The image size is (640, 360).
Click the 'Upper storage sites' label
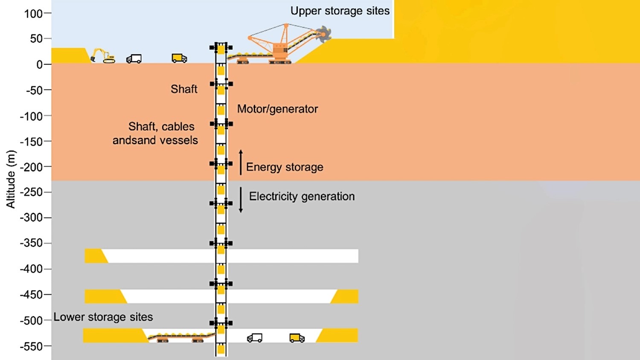pos(340,11)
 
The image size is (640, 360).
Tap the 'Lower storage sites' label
pos(103,317)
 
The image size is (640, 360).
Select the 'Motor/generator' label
pos(277,109)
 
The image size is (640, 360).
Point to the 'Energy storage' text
pos(285,167)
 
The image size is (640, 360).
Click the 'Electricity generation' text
pos(302,197)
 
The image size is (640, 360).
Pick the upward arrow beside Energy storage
pos(241,162)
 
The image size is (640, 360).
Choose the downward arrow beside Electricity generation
pos(241,200)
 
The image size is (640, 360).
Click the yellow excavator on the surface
pos(103,56)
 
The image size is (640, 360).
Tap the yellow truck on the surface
pos(179,58)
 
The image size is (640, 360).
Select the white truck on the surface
pos(134,59)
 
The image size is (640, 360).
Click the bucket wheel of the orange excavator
pos(323,34)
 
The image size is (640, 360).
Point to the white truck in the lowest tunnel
pos(255,338)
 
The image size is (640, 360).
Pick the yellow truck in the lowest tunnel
pos(297,338)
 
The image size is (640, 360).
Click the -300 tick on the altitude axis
pos(48,218)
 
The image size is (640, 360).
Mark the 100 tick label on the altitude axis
pos(33,14)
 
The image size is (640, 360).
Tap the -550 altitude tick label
pos(31,347)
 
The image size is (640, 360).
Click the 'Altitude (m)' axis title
pos(11,180)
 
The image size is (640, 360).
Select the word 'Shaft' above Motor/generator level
pos(184,89)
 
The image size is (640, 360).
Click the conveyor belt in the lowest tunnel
pos(181,337)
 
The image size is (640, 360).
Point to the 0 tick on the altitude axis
pos(48,64)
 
